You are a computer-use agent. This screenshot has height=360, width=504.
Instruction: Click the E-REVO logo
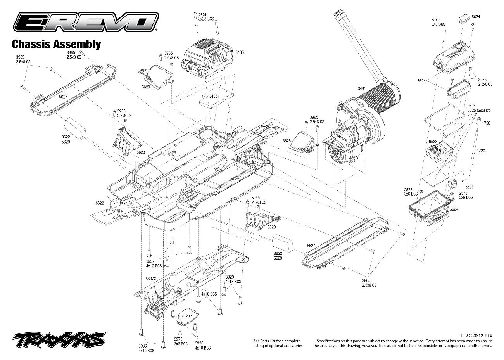click(86, 22)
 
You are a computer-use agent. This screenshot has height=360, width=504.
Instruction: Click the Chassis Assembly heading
click(57, 44)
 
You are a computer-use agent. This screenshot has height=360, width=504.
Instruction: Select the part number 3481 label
click(362, 88)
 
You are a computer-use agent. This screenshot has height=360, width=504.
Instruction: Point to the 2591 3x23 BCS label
click(206, 17)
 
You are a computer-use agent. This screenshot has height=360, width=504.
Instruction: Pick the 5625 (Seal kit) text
click(479, 110)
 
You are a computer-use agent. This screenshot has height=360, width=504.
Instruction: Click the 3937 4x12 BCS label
click(154, 263)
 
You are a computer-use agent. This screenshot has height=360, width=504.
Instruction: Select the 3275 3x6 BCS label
click(181, 341)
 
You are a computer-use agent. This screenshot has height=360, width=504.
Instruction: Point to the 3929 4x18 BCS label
click(233, 279)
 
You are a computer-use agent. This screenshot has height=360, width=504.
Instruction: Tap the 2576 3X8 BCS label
click(438, 22)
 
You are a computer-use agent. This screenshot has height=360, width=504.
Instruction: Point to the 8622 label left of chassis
click(100, 203)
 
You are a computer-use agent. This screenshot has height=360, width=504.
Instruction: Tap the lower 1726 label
click(481, 151)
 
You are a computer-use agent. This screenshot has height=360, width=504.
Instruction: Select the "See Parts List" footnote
click(278, 343)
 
